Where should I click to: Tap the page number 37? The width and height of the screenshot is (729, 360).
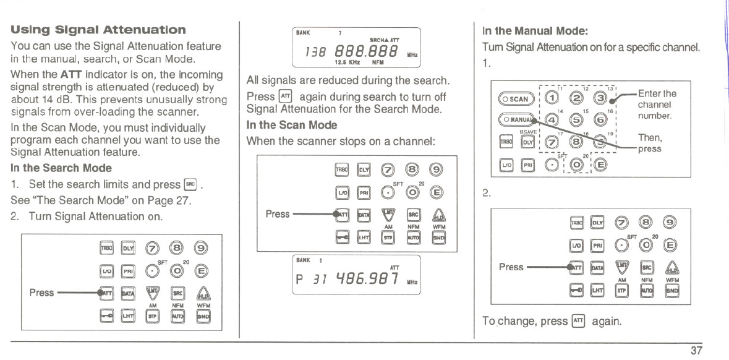click(697, 351)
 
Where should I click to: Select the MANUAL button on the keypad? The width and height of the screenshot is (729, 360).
click(513, 119)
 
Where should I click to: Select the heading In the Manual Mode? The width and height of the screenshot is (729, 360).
click(526, 30)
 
